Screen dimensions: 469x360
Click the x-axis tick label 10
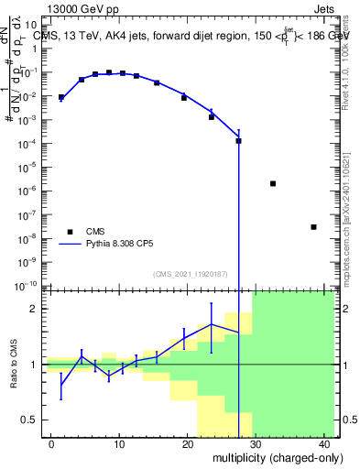pyautogui.click(x=119, y=443)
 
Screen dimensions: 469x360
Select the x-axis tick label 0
pyautogui.click(x=51, y=443)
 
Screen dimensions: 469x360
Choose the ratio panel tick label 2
pyautogui.click(x=38, y=309)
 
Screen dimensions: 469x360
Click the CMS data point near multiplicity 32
pyautogui.click(x=273, y=183)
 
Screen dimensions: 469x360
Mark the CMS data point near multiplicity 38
pyautogui.click(x=313, y=227)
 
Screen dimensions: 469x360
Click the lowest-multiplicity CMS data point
pyautogui.click(x=61, y=97)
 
